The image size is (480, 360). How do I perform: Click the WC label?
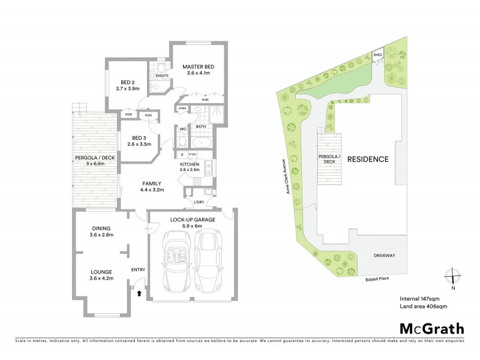click(x=182, y=128)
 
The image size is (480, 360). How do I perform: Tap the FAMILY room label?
click(x=154, y=183)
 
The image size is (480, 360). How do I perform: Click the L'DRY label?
click(x=199, y=202)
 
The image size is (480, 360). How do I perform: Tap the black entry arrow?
click(x=140, y=293)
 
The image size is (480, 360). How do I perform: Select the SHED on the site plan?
click(x=378, y=55)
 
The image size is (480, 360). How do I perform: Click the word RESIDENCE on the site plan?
click(x=366, y=160)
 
